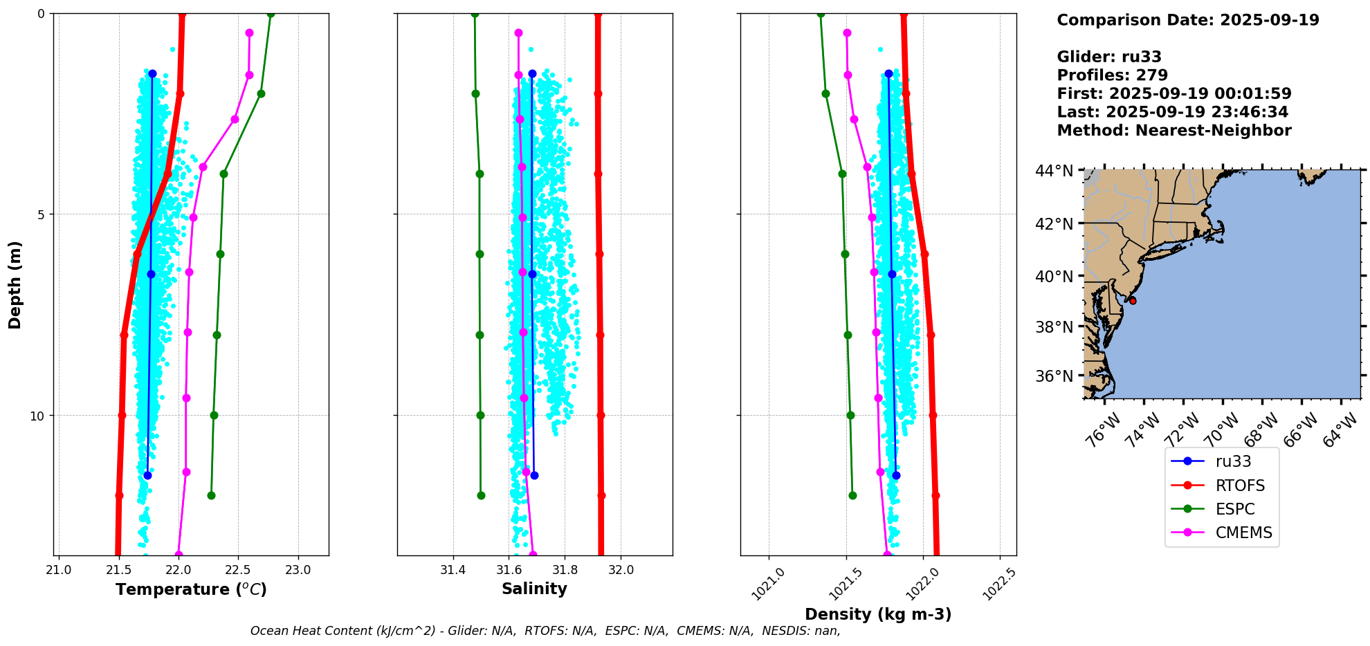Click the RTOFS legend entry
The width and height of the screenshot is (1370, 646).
pos(1239,486)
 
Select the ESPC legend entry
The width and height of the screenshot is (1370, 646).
pos(1234,509)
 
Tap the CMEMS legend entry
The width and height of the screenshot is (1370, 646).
pos(1243,533)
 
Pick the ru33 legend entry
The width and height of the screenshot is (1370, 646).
pos(1233,461)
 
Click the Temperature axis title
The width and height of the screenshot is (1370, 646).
pos(191,589)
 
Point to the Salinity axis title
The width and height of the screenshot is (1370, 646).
pos(534,589)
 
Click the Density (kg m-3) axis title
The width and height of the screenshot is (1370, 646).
pos(878,614)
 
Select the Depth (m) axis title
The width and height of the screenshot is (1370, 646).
pos(15,284)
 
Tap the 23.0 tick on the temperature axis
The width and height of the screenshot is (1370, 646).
pos(298,570)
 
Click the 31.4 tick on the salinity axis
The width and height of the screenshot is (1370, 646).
pos(453,570)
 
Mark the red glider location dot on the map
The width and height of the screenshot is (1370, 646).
pos(1132,300)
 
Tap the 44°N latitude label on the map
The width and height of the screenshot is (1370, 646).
pos(1054,170)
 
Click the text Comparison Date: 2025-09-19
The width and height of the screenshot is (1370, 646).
pos(1187,20)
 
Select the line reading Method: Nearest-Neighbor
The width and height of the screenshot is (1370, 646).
pos(1173,131)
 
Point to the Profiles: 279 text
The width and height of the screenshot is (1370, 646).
pos(1112,75)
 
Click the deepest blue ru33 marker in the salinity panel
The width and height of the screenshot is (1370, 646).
pos(534,475)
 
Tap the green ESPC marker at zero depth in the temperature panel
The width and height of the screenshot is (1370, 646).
pos(271,14)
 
